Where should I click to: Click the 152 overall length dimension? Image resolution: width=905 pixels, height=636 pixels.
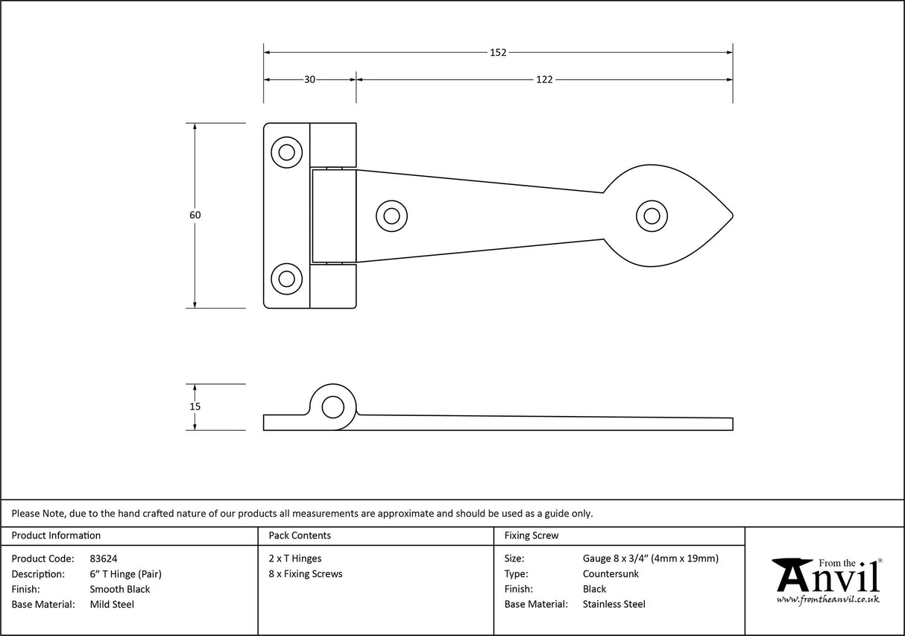click(x=498, y=52)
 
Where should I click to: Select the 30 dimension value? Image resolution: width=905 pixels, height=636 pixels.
click(x=309, y=80)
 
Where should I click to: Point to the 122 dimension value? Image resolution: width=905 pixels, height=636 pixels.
click(x=544, y=80)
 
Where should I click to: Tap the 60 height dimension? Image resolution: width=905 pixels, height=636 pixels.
click(x=195, y=215)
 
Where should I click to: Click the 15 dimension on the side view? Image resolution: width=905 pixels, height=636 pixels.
click(x=195, y=406)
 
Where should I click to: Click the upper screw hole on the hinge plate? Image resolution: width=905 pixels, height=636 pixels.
click(x=286, y=152)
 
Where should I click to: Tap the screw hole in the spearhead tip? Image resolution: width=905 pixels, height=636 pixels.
click(x=652, y=215)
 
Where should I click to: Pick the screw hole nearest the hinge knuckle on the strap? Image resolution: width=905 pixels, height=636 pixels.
click(x=391, y=215)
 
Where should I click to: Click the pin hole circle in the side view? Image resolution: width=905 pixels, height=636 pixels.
click(x=332, y=407)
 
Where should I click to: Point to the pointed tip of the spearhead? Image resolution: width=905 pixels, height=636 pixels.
click(x=732, y=215)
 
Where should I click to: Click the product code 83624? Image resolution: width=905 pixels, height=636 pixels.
click(x=103, y=558)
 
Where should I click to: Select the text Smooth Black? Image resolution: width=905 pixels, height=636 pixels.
click(x=119, y=589)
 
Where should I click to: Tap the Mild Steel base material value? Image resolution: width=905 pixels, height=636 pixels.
click(x=112, y=605)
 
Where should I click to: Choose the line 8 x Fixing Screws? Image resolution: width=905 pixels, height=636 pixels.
click(x=306, y=573)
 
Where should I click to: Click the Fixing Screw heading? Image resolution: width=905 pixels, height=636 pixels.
click(x=532, y=535)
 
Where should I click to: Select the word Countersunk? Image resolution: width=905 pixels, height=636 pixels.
click(x=611, y=573)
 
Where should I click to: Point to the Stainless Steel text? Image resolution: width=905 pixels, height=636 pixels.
click(x=614, y=605)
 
